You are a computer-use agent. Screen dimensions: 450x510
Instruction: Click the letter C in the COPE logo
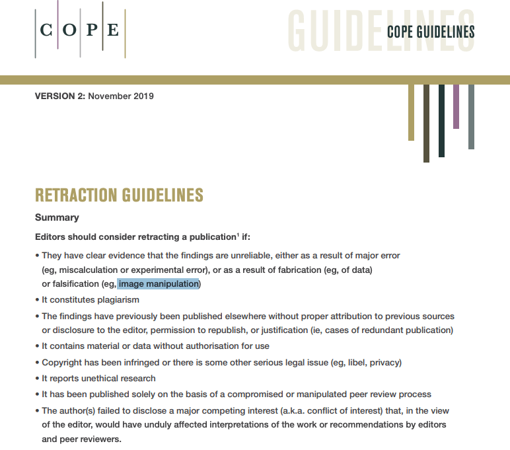click(x=46, y=30)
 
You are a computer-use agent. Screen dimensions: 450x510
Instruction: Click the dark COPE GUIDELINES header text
click(x=430, y=32)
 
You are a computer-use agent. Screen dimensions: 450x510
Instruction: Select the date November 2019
click(x=121, y=96)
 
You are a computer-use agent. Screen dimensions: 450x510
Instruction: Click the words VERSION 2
click(x=59, y=96)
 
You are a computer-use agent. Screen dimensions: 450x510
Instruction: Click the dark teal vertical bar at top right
click(x=441, y=120)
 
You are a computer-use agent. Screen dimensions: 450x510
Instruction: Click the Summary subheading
click(x=57, y=217)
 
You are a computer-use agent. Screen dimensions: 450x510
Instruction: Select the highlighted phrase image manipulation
click(x=159, y=284)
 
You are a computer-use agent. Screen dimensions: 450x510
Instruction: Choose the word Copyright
click(x=63, y=362)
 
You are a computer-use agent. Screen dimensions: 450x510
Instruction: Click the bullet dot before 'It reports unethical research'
click(x=37, y=379)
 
